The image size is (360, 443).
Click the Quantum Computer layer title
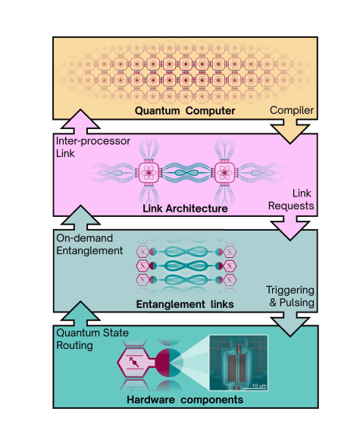click(x=180, y=112)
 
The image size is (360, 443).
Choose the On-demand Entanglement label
click(x=90, y=245)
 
